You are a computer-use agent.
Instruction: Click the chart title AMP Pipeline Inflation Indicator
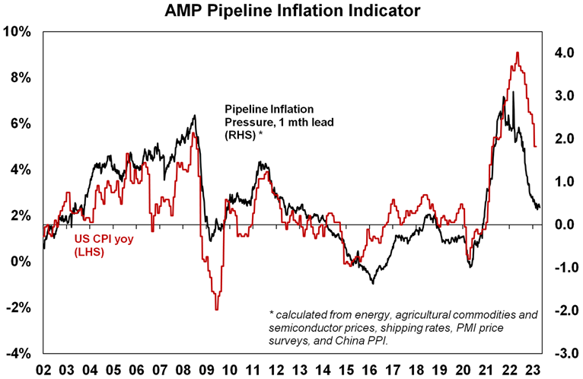(x=291, y=11)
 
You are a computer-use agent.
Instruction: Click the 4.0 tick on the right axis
(x=562, y=53)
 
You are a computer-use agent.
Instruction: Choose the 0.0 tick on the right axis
(x=562, y=225)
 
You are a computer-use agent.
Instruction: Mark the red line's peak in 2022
(x=518, y=53)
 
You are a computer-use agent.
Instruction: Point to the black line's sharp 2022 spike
(x=514, y=92)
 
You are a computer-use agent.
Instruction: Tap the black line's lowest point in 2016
(x=373, y=283)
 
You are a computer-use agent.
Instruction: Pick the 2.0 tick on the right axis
(x=562, y=139)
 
